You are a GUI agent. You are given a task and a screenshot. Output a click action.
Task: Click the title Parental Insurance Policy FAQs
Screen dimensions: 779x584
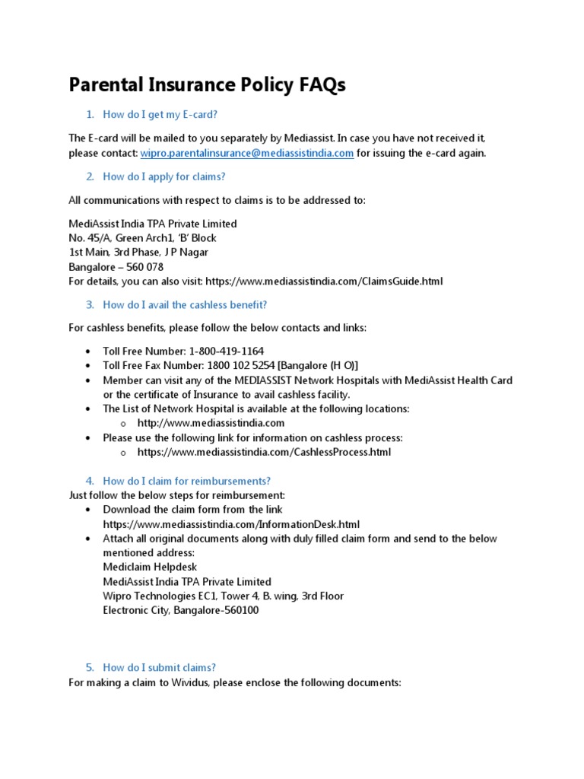coord(207,85)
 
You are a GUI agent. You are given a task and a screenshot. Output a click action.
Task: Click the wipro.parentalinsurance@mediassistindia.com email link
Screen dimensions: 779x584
coord(247,153)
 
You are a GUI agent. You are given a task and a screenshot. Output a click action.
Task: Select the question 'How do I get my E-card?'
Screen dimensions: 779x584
coord(160,115)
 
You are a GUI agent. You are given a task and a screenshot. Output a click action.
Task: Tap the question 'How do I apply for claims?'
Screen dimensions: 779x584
coord(164,176)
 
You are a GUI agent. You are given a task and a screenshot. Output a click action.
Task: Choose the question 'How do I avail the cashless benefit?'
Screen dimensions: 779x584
coord(185,305)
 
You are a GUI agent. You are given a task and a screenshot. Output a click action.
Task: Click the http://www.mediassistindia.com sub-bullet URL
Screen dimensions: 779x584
coord(211,423)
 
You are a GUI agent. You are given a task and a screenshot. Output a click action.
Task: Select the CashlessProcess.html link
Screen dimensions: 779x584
coord(264,452)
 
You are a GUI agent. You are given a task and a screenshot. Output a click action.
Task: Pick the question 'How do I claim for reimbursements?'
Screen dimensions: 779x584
coord(186,481)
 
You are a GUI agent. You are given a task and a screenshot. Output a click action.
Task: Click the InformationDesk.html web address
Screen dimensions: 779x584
coord(231,524)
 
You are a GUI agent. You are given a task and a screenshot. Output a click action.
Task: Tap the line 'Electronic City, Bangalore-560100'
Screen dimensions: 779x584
coord(181,611)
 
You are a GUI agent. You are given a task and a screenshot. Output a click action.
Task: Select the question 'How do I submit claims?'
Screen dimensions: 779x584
coord(160,667)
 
